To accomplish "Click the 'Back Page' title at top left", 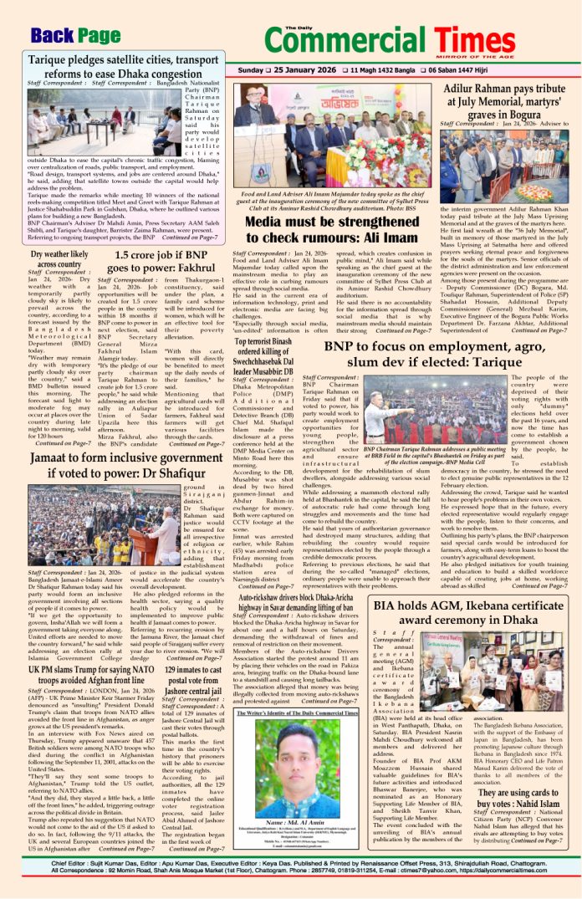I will pos(76,35).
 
